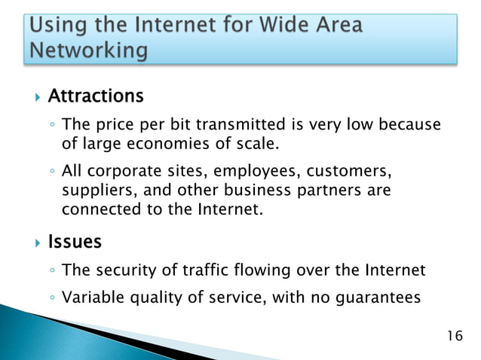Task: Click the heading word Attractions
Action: [95, 96]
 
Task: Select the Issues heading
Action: [75, 243]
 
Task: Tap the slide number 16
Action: [455, 334]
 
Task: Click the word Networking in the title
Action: [88, 51]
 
